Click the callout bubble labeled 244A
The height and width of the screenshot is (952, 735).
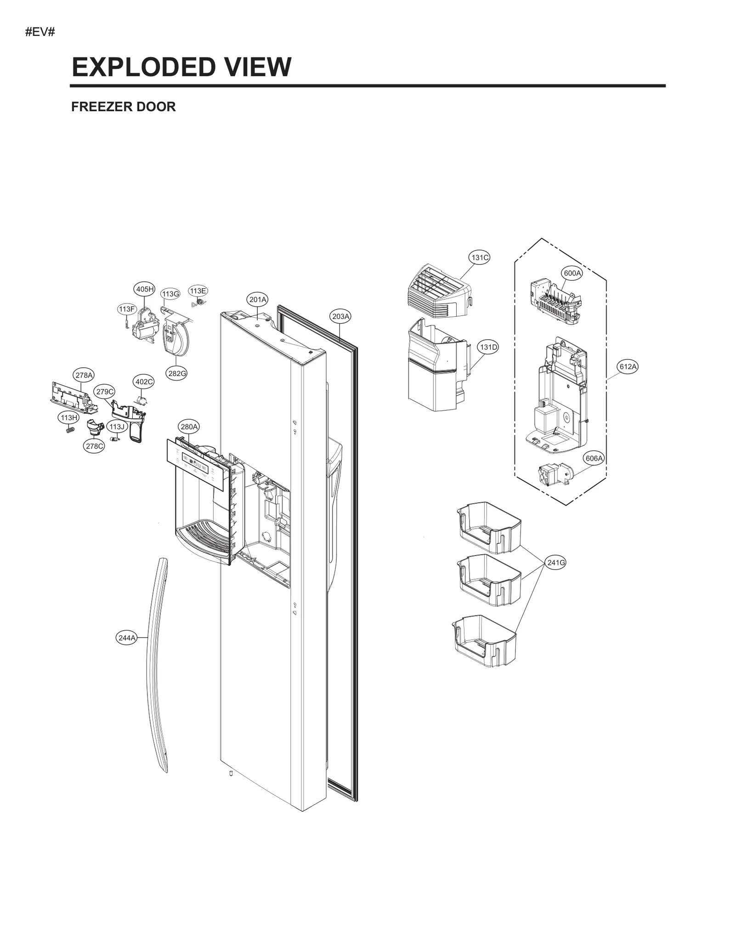127,638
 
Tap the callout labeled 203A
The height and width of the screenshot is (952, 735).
341,316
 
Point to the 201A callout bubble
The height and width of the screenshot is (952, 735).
258,300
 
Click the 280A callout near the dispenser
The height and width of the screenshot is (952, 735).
189,427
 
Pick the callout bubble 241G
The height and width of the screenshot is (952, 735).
556,562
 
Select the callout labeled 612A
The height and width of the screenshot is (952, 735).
628,366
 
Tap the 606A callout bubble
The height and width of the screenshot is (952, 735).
594,458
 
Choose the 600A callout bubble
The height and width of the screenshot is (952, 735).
572,273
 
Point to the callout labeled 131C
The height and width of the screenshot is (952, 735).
480,257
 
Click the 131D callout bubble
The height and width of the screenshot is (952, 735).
488,347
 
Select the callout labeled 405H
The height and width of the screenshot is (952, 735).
144,289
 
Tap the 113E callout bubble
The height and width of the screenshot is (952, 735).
198,291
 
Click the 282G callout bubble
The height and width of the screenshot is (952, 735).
176,373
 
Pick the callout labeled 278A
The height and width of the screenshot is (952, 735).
84,375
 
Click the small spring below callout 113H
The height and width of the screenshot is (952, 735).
70,430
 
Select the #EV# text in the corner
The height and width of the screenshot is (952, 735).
40,33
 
